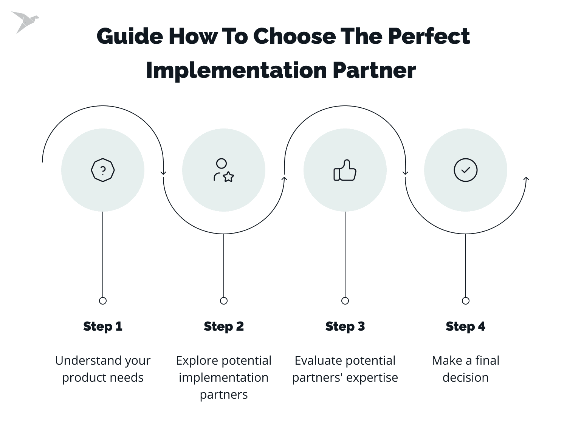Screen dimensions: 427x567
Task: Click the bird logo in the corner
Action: click(x=25, y=22)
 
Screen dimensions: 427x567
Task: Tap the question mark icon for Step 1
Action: click(x=103, y=170)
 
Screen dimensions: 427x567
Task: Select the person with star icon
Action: click(x=224, y=170)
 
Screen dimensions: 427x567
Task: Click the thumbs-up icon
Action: click(x=345, y=170)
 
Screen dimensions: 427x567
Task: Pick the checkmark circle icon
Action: click(x=465, y=170)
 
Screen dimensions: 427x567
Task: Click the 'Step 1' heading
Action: click(x=103, y=326)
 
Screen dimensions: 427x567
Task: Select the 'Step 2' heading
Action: click(x=224, y=326)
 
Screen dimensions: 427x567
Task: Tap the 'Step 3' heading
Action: click(x=345, y=326)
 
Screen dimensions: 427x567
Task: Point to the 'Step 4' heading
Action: click(x=465, y=326)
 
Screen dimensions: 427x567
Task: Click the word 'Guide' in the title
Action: click(x=130, y=37)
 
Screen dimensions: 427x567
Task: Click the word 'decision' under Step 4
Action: click(x=465, y=377)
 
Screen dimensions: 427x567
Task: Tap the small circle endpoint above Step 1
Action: click(x=103, y=301)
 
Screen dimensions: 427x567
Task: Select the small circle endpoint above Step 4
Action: click(x=465, y=301)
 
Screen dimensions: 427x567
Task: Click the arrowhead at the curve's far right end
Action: click(x=526, y=178)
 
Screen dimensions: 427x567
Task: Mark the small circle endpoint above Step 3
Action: click(x=345, y=301)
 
